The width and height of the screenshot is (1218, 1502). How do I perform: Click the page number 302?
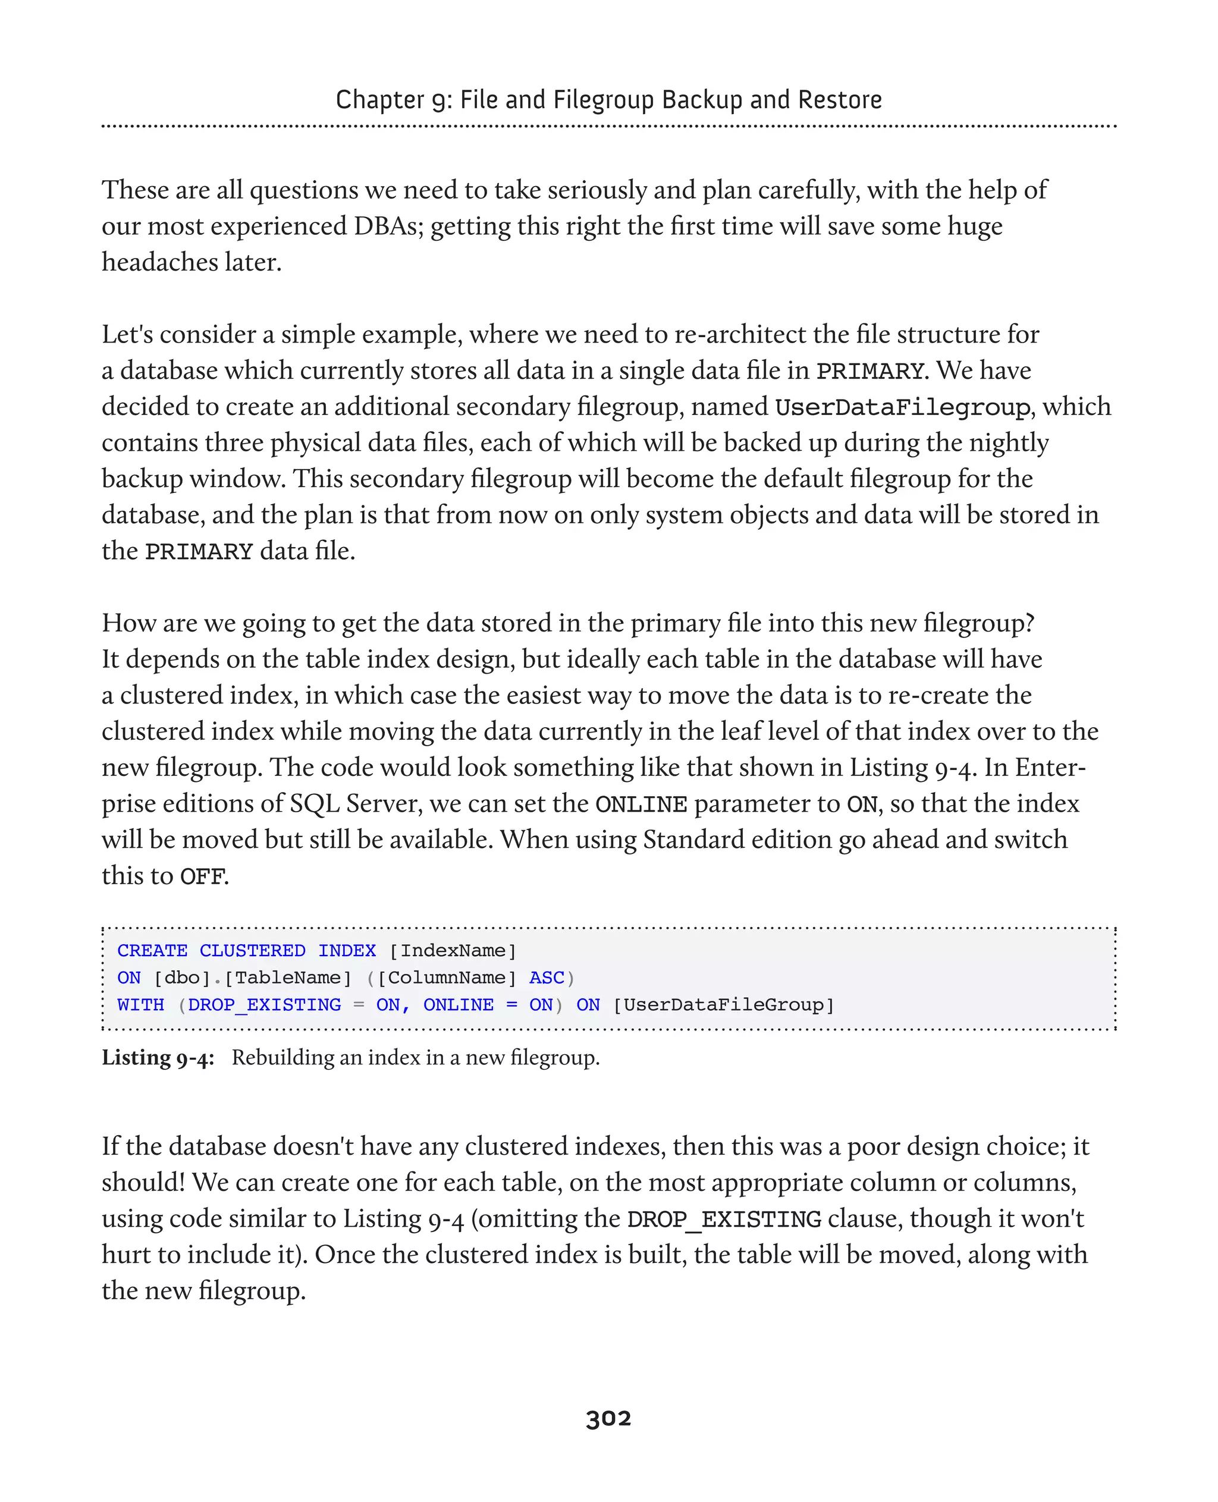pyautogui.click(x=608, y=1419)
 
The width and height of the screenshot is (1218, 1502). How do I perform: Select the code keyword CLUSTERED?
pyautogui.click(x=252, y=951)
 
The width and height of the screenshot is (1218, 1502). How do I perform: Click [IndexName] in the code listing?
pyautogui.click(x=453, y=951)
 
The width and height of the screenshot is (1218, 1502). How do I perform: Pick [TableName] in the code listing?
pyautogui.click(x=288, y=978)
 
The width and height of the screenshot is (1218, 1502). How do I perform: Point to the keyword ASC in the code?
pyautogui.click(x=547, y=978)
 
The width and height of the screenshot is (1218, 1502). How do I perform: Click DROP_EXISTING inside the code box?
pyautogui.click(x=265, y=1005)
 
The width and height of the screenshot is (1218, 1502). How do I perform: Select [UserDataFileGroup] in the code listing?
pyautogui.click(x=723, y=1005)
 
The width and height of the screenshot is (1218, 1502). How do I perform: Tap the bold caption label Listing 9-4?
pyautogui.click(x=158, y=1058)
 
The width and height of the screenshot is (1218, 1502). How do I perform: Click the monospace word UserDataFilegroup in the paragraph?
pyautogui.click(x=902, y=407)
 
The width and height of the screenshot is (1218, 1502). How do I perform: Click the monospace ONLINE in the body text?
pyautogui.click(x=641, y=805)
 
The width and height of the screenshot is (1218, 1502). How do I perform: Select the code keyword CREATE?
pyautogui.click(x=152, y=951)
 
